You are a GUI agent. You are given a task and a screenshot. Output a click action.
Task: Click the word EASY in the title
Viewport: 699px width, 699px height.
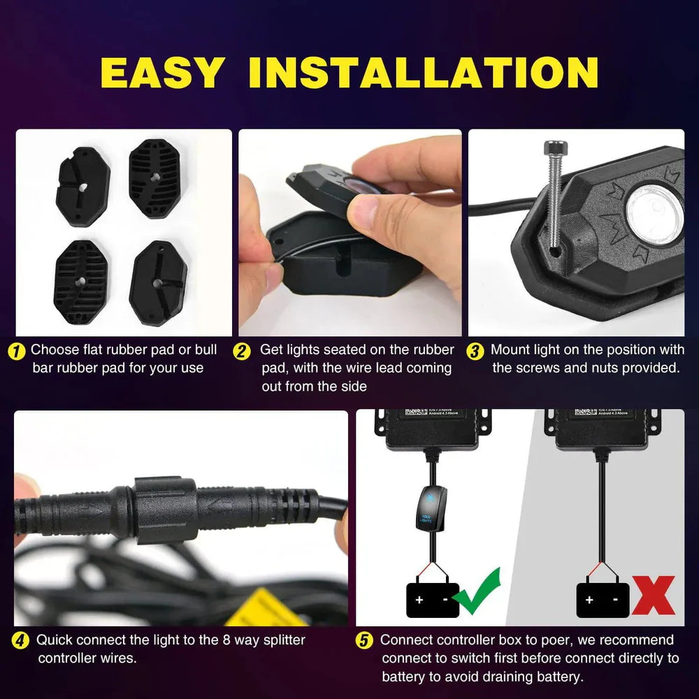pos(162,72)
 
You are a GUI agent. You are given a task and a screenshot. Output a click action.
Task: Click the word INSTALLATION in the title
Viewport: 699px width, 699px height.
pos(424,72)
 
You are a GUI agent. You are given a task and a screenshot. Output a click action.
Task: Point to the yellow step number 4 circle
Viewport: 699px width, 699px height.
pos(22,640)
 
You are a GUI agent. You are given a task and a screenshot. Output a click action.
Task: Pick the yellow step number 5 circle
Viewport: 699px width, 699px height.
pos(364,640)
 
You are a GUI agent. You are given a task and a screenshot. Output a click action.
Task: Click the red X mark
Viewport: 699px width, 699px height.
pos(653,595)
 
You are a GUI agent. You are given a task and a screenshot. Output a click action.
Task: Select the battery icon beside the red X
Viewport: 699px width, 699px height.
pos(602,599)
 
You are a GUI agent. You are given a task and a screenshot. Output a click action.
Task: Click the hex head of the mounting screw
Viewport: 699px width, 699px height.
pos(556,148)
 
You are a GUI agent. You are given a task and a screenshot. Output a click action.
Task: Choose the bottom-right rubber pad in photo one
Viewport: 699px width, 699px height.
pos(158,283)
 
